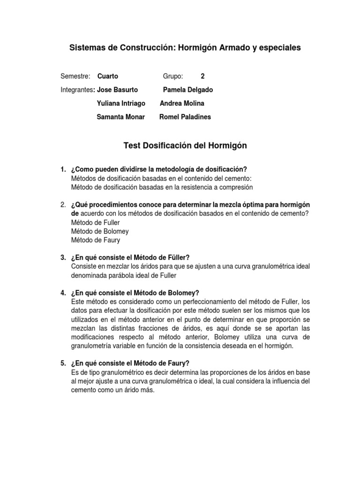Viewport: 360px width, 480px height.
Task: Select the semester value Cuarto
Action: [108, 76]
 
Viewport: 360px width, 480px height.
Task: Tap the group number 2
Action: [202, 76]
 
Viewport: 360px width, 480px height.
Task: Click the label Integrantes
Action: [77, 90]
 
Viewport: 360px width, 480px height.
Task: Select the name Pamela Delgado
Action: [187, 90]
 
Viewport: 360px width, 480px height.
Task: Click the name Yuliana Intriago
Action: [121, 103]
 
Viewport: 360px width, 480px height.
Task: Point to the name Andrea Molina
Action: [182, 103]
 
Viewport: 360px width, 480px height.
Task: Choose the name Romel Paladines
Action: [185, 117]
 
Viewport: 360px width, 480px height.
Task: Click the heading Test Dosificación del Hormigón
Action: [185, 146]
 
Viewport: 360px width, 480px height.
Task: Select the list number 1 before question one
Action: [63, 169]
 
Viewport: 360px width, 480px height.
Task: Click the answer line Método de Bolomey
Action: [100, 231]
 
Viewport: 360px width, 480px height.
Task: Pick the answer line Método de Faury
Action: [96, 240]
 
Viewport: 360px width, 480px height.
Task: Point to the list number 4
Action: [63, 292]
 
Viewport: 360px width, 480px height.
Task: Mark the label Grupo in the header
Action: [173, 76]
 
